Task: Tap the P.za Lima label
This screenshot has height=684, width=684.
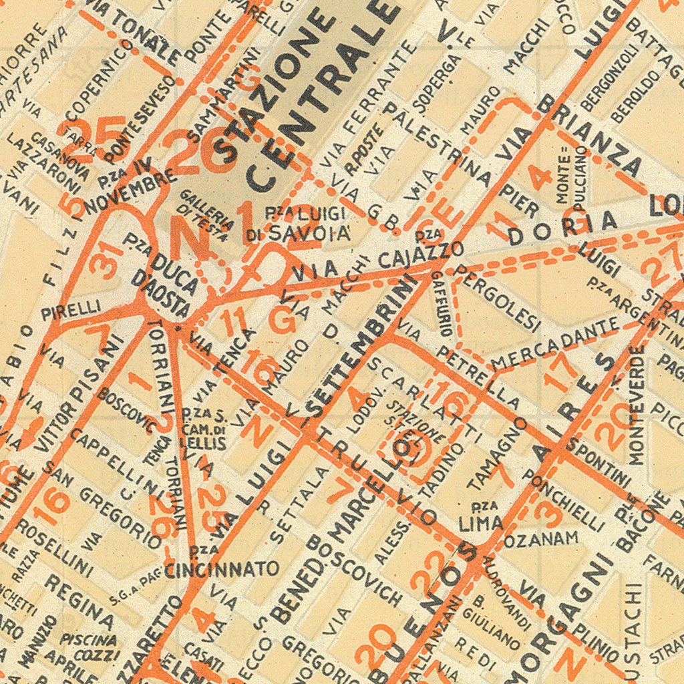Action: (481, 517)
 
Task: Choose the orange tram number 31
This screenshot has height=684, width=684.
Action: (107, 261)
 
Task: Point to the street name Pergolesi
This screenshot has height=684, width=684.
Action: (497, 297)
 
